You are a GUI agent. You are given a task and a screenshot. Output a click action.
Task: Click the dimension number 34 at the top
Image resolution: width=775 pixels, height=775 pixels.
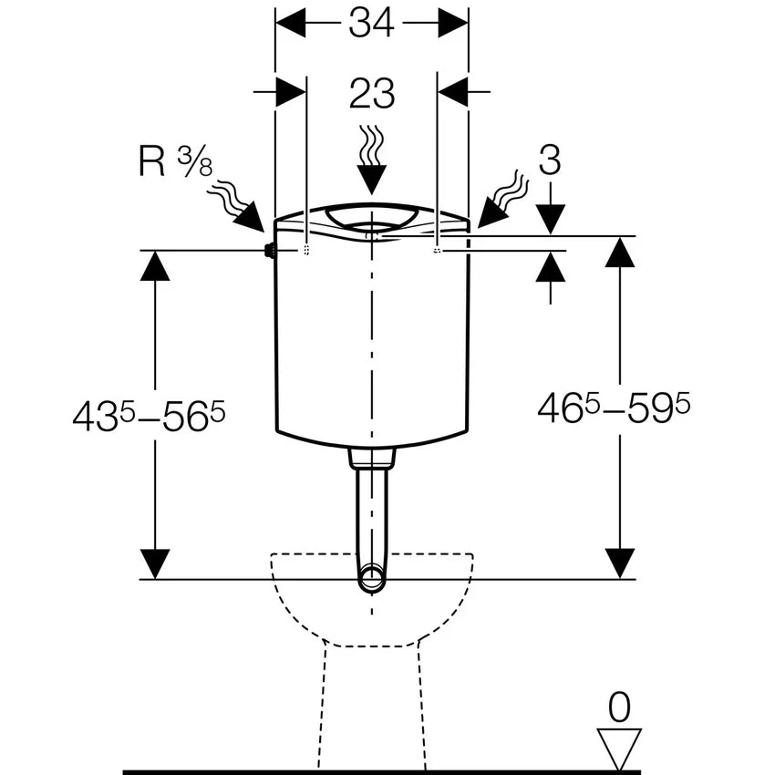tap(371, 22)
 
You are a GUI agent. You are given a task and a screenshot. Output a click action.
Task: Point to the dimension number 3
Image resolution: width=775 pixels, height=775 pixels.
tap(549, 160)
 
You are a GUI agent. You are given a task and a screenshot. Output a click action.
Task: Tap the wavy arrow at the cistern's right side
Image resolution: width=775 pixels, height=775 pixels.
tap(501, 200)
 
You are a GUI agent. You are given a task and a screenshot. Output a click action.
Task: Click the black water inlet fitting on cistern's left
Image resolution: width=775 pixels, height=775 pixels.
tap(269, 251)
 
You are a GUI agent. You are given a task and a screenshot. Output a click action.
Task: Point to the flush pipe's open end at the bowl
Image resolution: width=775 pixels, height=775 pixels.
tap(371, 578)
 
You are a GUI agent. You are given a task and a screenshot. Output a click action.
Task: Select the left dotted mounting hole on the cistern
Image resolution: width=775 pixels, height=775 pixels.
tap(305, 249)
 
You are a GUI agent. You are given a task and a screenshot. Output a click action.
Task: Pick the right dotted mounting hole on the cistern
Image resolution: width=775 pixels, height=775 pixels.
tap(438, 249)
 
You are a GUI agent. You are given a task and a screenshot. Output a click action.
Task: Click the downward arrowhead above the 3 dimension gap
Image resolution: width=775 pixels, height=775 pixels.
tap(550, 220)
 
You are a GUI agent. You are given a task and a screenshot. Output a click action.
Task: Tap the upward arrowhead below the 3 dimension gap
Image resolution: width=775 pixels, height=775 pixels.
tap(550, 265)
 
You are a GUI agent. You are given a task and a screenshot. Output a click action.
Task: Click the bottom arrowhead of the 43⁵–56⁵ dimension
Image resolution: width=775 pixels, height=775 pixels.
tap(156, 563)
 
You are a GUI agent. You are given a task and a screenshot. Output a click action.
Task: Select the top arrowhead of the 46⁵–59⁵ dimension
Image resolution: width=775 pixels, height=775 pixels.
tap(620, 252)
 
